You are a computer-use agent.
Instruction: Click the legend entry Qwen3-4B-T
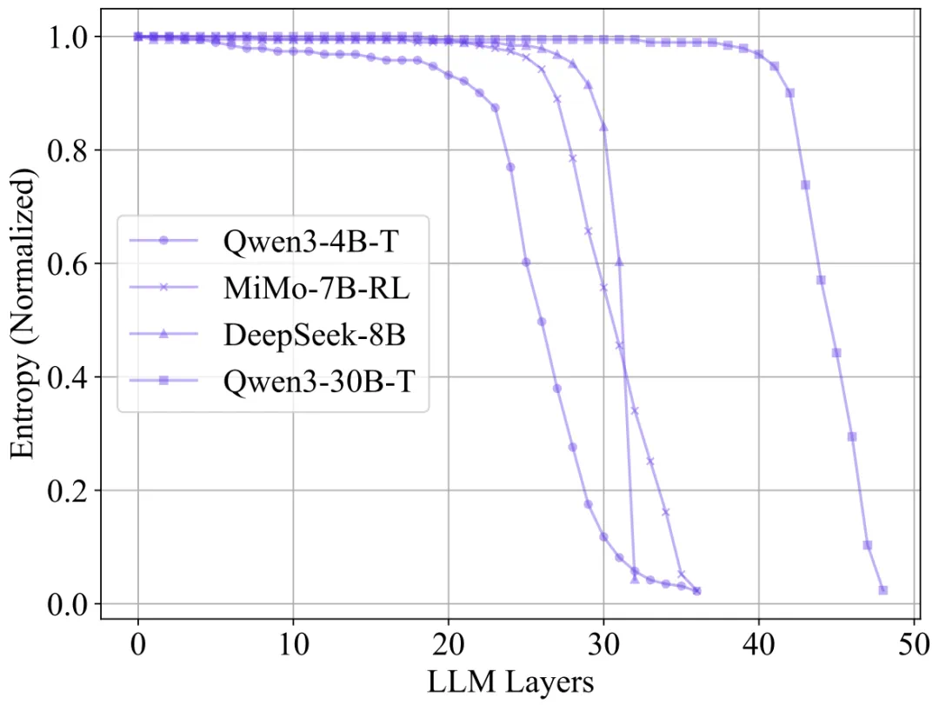tap(310, 242)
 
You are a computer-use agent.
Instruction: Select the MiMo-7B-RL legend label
tap(316, 288)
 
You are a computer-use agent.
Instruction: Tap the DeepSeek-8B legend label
tap(315, 334)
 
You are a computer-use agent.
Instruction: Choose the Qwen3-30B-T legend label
tap(318, 381)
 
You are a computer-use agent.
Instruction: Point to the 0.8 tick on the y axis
tap(67, 150)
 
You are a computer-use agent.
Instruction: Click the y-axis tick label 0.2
tap(67, 490)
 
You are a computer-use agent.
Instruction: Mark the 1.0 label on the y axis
tap(67, 37)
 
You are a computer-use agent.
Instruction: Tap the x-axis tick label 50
tap(913, 645)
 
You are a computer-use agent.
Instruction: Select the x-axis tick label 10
tap(294, 645)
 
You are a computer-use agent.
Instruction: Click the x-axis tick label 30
tap(603, 645)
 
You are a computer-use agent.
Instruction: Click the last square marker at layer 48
tap(882, 590)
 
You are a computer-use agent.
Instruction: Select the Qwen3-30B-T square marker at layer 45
tap(836, 353)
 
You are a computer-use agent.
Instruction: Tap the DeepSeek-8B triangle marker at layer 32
tap(635, 579)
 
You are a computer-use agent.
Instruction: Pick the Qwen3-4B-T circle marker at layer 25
tap(526, 263)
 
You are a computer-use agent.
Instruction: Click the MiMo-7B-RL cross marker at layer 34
tap(665, 512)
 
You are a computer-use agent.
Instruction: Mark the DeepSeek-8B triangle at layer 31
tap(619, 262)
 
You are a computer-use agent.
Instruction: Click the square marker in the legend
tap(163, 381)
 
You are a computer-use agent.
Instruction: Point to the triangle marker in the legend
tap(163, 334)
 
